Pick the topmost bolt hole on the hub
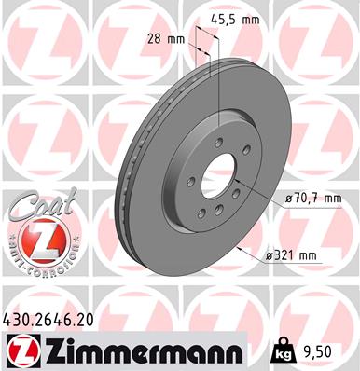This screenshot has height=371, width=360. point(218,143)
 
